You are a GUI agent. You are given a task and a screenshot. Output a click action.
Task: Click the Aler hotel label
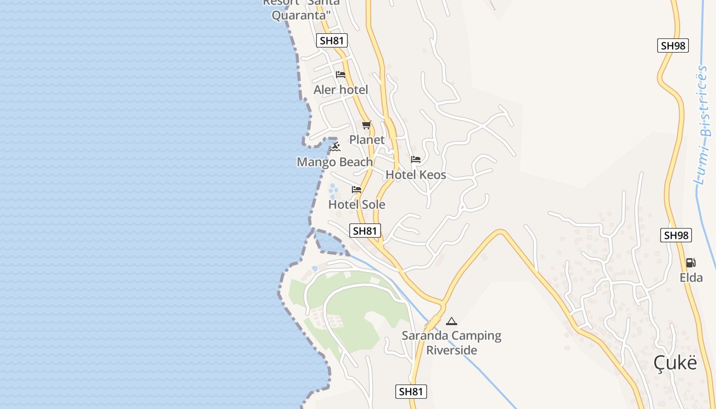341,90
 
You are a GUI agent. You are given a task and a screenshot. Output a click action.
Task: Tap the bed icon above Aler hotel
341,75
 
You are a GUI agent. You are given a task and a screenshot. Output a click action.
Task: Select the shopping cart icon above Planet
366,125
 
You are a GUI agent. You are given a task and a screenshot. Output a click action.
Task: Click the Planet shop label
367,140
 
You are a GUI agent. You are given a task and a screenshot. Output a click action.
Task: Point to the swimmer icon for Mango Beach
335,147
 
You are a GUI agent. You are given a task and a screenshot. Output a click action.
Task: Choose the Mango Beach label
335,162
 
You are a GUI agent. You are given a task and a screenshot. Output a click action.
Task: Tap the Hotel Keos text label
416,175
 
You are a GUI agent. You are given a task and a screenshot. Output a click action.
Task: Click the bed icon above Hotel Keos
416,160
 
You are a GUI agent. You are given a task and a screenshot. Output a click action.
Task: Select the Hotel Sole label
356,204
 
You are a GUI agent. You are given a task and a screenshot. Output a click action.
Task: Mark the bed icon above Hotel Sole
356,190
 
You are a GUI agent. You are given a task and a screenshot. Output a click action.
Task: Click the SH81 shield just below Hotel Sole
365,231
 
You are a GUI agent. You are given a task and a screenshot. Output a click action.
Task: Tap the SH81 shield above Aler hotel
332,41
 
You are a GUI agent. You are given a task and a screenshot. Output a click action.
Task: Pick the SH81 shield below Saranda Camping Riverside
411,392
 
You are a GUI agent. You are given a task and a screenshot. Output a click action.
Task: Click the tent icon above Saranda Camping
451,321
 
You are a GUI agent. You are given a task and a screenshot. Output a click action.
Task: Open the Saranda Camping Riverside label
452,343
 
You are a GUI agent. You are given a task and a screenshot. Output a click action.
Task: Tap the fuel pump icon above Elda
690,263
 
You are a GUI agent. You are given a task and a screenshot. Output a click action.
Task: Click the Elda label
691,278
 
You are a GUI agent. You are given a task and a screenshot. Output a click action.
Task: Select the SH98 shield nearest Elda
676,235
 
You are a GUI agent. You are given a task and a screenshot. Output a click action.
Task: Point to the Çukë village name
675,362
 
